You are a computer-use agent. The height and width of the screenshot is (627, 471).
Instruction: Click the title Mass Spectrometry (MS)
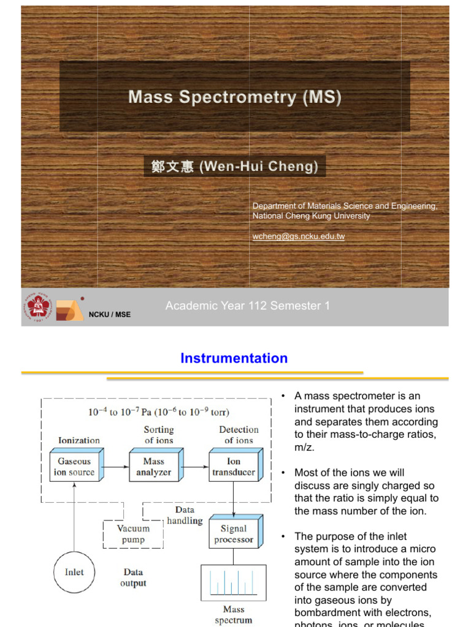[235, 97]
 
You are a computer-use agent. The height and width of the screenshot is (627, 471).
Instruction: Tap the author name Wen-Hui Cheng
[235, 166]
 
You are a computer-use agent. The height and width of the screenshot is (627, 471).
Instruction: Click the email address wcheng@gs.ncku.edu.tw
[299, 236]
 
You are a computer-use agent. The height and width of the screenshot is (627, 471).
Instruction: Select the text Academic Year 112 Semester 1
[248, 306]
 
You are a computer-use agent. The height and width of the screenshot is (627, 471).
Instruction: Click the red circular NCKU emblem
[39, 306]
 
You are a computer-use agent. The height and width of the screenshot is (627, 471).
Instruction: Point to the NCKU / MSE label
[110, 315]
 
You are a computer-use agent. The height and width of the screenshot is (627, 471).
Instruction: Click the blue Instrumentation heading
[234, 358]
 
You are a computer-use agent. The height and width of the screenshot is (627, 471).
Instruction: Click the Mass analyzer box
[154, 467]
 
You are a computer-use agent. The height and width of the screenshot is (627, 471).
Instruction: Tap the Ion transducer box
[234, 467]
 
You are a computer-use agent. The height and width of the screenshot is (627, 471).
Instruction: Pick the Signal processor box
[234, 534]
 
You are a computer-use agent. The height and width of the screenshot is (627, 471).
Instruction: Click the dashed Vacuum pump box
[133, 534]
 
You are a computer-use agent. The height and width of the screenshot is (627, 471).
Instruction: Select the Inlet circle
[74, 573]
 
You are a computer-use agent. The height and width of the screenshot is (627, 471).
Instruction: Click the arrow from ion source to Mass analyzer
[115, 467]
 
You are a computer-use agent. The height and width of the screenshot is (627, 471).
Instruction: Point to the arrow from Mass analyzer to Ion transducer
[194, 467]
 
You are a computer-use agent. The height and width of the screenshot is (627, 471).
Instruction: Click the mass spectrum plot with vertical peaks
[233, 582]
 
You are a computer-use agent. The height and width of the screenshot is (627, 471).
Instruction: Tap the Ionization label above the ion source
[78, 440]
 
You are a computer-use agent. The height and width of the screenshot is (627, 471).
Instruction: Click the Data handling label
[185, 515]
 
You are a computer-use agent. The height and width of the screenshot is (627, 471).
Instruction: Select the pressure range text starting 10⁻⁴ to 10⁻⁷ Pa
[159, 412]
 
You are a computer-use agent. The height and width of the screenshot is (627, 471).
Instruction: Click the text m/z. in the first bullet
[304, 447]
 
